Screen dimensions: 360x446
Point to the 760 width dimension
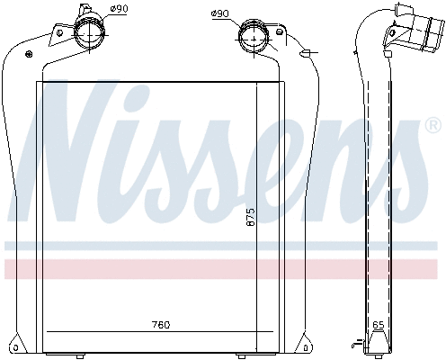[x=159, y=324]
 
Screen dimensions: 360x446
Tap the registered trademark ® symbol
[x=432, y=127]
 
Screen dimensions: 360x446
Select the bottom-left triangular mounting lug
[x=18, y=344]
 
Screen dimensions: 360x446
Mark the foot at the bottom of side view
[x=379, y=342]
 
